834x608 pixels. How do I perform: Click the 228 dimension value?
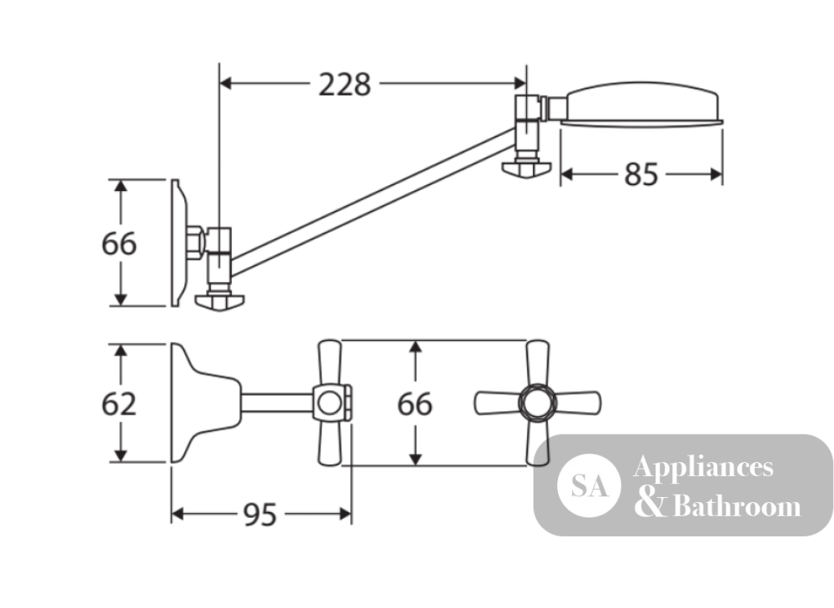pyautogui.click(x=344, y=84)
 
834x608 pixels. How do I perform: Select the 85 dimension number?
pyautogui.click(x=641, y=174)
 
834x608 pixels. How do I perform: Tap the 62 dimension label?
pyautogui.click(x=118, y=404)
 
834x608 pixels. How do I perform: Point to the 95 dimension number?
pyautogui.click(x=260, y=515)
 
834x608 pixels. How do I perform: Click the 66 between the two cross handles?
pyautogui.click(x=414, y=404)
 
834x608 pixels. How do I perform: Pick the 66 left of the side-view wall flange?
pyautogui.click(x=118, y=244)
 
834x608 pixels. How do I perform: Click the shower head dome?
pyautogui.click(x=642, y=102)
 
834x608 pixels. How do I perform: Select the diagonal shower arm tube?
pyautogui.click(x=372, y=202)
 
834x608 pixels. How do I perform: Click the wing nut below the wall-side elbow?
pyautogui.click(x=219, y=303)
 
